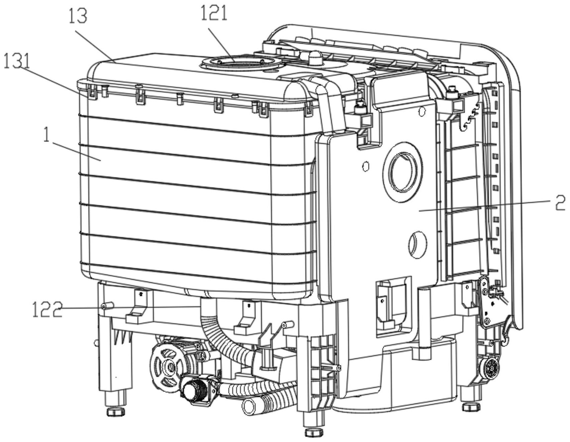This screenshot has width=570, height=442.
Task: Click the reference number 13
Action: (x=78, y=16)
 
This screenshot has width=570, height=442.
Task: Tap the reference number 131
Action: (x=17, y=62)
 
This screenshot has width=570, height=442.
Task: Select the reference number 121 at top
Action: (x=214, y=14)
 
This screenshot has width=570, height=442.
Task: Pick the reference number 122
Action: (x=47, y=309)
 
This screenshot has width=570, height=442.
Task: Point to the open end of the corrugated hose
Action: (x=250, y=406)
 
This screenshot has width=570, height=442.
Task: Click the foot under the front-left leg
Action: (x=116, y=411)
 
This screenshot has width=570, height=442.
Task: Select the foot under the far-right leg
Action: (x=471, y=407)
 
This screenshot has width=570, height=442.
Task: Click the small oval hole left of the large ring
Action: (x=366, y=166)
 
